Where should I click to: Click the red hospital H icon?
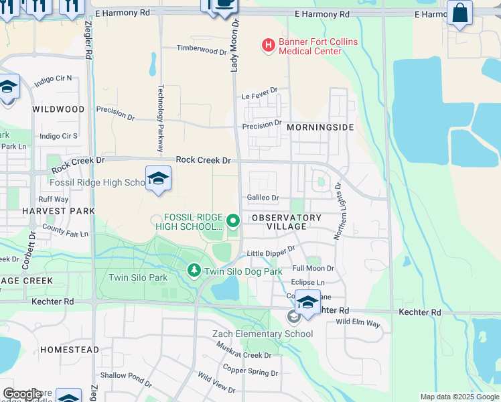(x=268, y=46)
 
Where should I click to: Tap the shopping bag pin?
(x=459, y=13)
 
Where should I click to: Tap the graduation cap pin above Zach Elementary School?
(x=307, y=302)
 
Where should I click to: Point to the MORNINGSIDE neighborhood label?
(x=319, y=127)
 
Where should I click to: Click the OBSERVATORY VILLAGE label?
(x=286, y=222)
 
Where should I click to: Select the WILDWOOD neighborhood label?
(x=58, y=109)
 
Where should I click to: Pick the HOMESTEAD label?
(x=69, y=350)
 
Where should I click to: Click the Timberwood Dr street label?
(x=202, y=49)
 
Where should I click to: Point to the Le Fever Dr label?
(x=259, y=94)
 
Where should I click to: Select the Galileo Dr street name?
(x=263, y=198)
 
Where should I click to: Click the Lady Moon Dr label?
(x=235, y=45)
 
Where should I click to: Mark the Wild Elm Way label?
(x=358, y=324)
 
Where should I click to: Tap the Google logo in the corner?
(x=22, y=394)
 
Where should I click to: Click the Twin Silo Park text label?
(x=139, y=277)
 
